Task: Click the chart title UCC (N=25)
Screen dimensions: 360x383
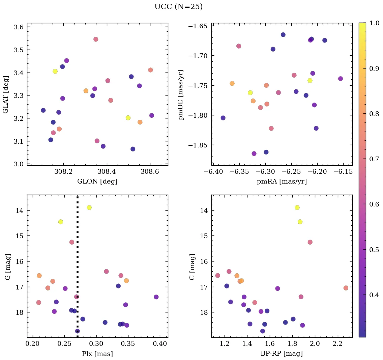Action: point(178,7)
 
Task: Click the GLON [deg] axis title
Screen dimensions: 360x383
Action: point(97,182)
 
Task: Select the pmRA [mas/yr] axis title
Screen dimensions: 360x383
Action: point(282,182)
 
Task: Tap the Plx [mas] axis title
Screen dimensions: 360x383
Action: point(97,354)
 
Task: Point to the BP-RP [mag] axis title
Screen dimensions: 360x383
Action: point(282,354)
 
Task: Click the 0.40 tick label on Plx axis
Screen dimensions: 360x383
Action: point(160,344)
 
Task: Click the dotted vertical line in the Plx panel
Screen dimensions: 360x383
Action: point(78,270)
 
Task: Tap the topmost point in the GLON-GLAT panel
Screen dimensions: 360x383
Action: point(96,39)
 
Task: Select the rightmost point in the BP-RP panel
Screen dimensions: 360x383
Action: point(346,288)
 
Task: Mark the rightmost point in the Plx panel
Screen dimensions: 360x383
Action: point(156,297)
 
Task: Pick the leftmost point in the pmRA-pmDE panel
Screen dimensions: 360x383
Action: point(223,118)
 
